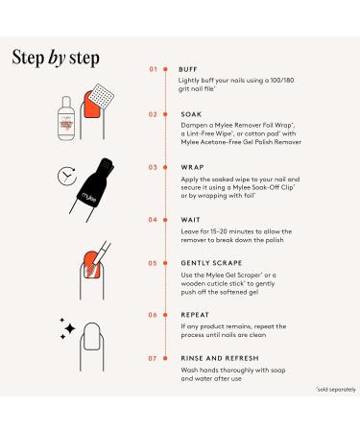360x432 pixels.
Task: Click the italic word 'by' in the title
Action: tap(57, 59)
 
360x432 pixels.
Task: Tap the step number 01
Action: tap(154, 69)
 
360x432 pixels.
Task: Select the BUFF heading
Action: tap(188, 69)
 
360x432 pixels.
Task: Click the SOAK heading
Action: tap(191, 114)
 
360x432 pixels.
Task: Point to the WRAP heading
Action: tap(192, 167)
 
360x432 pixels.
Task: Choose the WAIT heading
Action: tap(190, 220)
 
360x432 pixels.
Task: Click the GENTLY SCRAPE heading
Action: tap(211, 263)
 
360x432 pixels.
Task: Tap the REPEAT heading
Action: tap(195, 315)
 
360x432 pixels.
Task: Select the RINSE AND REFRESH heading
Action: tap(220, 358)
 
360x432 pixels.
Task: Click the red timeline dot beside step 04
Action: tap(165, 220)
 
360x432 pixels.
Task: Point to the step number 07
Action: tap(153, 358)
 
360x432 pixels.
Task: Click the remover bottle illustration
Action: tap(66, 118)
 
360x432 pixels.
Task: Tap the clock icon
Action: tap(67, 176)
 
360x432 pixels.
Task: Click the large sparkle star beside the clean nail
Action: tap(70, 328)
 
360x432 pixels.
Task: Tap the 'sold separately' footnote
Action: tap(336, 390)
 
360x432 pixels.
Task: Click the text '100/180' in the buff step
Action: tap(282, 81)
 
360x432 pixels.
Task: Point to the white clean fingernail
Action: tap(92, 336)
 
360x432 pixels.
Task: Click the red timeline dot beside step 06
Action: tap(165, 315)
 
